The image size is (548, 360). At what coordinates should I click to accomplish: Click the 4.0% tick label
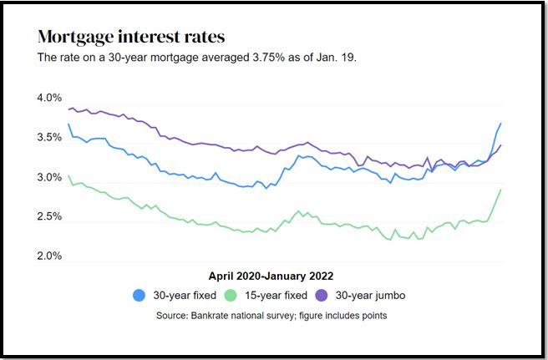50,99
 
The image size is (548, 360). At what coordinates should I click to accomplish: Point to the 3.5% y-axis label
50,138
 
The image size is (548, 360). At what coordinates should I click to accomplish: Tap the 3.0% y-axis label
50,178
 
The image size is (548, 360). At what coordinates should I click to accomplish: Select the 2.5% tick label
50,217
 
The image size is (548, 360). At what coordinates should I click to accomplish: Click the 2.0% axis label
50,256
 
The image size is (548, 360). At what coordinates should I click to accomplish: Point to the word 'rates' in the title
201,38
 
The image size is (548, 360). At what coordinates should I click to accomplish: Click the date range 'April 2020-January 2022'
276,276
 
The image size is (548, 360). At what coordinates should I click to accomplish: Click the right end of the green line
501,190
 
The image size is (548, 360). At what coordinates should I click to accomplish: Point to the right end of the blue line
501,124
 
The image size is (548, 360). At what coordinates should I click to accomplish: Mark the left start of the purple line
68,109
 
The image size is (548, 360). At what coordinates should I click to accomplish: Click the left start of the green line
68,176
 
